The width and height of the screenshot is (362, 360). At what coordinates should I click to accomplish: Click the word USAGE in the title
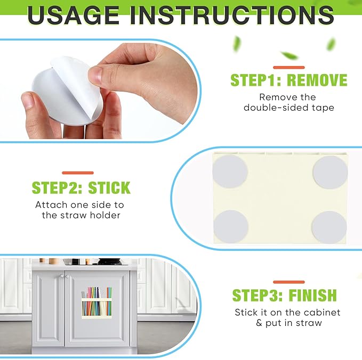(73, 15)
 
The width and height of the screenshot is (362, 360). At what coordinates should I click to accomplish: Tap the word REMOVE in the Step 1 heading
(317, 80)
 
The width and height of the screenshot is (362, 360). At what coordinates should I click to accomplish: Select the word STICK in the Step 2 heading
(109, 188)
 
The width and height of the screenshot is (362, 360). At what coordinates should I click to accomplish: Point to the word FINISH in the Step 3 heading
(313, 295)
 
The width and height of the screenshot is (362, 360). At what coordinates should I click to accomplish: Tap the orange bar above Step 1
(289, 67)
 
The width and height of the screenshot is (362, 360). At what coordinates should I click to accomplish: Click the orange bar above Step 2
(78, 173)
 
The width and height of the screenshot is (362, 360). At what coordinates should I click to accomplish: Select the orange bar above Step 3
(289, 282)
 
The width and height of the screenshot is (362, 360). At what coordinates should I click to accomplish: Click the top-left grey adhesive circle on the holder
(230, 171)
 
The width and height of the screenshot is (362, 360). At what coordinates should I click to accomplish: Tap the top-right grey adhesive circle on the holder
(331, 173)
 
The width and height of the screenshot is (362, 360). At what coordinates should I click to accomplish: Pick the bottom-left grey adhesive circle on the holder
(231, 226)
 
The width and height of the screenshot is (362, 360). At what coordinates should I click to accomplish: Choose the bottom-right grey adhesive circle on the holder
(329, 227)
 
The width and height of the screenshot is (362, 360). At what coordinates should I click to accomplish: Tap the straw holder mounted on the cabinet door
(96, 302)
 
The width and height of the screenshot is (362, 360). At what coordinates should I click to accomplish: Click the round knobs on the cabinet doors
(64, 276)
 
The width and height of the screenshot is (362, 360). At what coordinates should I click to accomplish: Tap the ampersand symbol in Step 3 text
(259, 323)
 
